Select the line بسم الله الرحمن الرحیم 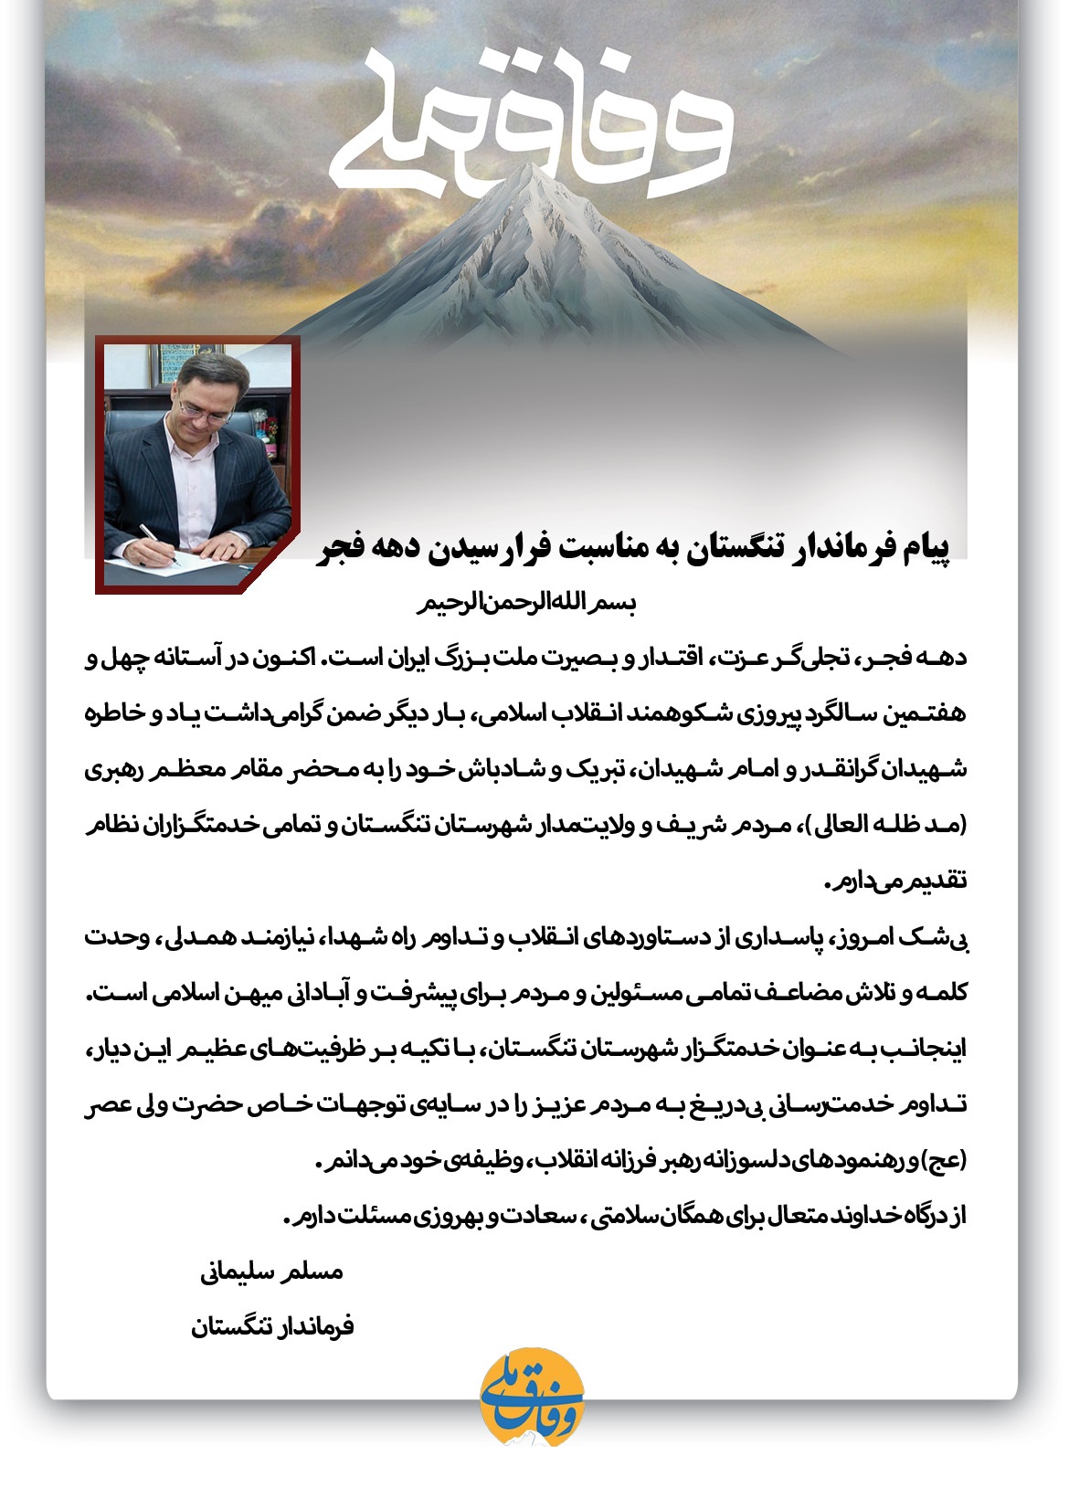[526, 604]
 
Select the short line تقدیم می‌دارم [895, 881]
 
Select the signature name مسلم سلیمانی [271, 1272]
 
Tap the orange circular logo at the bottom [533, 1396]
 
